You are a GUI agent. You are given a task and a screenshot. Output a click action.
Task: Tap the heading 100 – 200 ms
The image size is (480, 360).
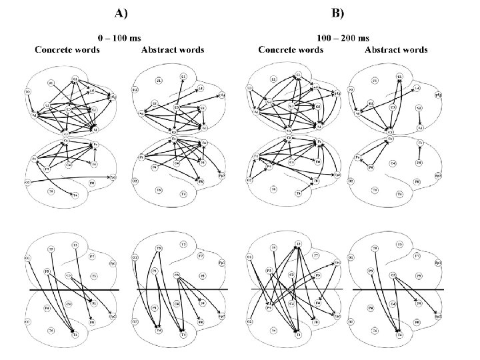[343, 39]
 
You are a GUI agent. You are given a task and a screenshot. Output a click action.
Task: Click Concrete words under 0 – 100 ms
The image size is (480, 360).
[68, 50]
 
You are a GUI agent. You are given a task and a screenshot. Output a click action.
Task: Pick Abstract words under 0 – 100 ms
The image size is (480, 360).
[173, 50]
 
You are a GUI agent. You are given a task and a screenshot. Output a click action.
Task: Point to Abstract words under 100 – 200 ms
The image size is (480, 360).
[396, 50]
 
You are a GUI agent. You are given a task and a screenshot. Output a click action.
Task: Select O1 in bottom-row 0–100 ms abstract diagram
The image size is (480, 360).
[135, 257]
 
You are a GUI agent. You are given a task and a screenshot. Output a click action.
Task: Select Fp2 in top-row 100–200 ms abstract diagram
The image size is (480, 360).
[438, 176]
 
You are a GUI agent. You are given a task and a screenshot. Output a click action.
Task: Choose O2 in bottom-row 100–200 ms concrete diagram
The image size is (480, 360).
[249, 322]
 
